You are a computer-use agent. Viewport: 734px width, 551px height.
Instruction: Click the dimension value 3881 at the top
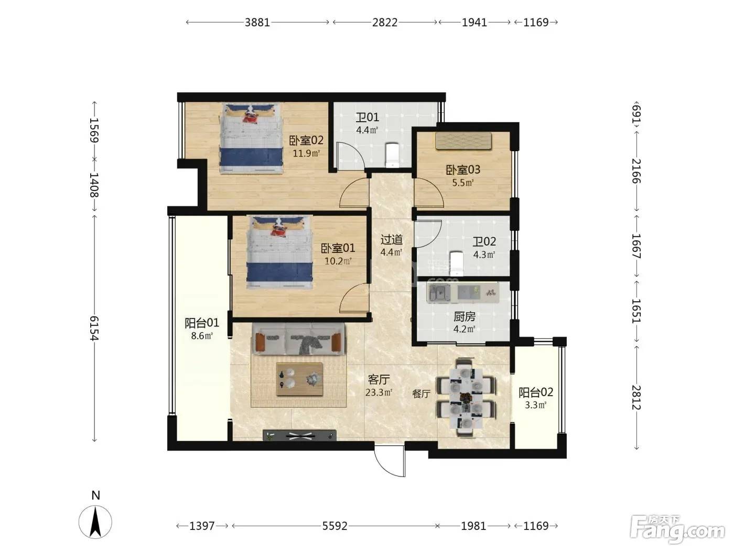tap(257, 23)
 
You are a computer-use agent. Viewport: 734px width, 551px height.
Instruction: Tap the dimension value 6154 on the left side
tap(94, 328)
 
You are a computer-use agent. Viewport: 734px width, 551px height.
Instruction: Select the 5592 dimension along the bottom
tap(334, 526)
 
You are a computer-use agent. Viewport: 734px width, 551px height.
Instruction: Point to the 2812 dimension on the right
tap(636, 397)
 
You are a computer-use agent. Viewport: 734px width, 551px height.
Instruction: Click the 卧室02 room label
tap(306, 141)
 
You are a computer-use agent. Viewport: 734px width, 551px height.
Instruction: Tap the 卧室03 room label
tap(463, 170)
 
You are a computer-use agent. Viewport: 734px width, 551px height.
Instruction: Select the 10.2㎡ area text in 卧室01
tap(338, 261)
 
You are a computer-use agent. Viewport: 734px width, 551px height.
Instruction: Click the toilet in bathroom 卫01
tap(392, 155)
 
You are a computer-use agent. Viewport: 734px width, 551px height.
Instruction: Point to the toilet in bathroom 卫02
tap(456, 263)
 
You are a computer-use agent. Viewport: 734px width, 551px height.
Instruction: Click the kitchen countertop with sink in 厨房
tap(463, 292)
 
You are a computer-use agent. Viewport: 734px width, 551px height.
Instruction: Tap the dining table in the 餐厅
tap(466, 398)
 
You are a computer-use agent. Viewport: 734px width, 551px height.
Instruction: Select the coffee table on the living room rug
tap(299, 379)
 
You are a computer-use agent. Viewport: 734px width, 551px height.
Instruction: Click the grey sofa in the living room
tap(298, 338)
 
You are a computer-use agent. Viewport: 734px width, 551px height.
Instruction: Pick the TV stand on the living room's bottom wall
tap(299, 435)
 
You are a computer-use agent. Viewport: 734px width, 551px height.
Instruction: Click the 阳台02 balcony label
tap(536, 392)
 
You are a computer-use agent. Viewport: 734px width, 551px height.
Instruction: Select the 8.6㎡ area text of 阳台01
tap(202, 335)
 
